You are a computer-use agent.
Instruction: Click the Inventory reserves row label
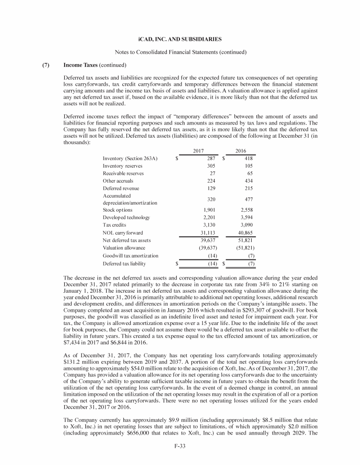click(123, 166)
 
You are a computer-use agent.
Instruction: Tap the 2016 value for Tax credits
click(246, 225)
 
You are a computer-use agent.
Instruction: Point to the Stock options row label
click(117, 210)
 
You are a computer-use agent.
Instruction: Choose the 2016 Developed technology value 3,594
click(246, 217)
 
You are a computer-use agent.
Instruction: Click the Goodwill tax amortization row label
click(130, 256)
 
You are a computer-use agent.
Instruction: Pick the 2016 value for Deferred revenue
click(247, 188)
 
